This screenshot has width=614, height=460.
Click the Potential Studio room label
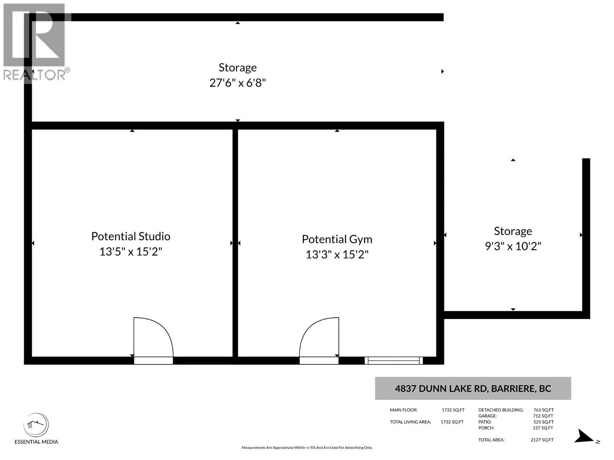(x=130, y=236)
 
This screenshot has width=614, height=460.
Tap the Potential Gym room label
(x=337, y=239)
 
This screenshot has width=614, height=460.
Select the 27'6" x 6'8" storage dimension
(x=238, y=83)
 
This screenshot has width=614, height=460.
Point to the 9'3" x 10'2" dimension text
(x=513, y=246)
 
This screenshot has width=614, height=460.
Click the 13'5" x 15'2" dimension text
(x=130, y=251)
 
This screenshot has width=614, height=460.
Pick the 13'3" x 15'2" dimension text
(x=337, y=255)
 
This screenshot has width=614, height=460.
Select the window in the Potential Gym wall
(x=394, y=361)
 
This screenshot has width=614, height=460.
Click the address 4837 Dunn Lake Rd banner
(x=473, y=388)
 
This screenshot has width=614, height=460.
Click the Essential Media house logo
(x=36, y=425)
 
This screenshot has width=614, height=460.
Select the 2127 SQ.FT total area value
(x=542, y=440)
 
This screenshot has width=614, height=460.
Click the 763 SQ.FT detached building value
(x=543, y=410)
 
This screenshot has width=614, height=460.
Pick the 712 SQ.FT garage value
(x=543, y=416)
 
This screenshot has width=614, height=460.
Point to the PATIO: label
(x=485, y=422)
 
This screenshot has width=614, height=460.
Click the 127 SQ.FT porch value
(x=543, y=428)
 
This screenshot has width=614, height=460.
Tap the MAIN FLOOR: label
(x=404, y=410)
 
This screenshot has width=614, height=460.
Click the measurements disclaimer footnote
(x=307, y=448)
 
